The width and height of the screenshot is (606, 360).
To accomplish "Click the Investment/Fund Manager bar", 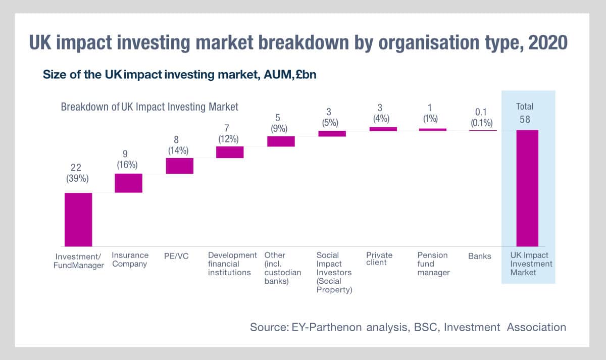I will [x=78, y=219].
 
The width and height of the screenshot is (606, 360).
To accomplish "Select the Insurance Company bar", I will [x=128, y=183].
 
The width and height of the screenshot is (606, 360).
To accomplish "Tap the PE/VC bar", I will [x=180, y=166].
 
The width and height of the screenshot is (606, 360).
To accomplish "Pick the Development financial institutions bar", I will [x=230, y=152].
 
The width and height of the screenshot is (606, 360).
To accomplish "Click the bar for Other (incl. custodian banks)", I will [x=281, y=141].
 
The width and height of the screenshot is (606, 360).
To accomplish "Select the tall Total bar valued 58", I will [x=527, y=188].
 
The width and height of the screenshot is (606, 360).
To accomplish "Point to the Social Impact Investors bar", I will [x=332, y=134].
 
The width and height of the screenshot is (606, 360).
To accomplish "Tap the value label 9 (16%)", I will [x=128, y=159].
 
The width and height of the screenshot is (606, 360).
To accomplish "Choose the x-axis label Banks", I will [x=480, y=256].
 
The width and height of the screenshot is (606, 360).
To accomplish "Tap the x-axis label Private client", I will [x=379, y=259].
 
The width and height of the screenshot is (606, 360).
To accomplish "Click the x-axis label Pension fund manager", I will [x=433, y=264].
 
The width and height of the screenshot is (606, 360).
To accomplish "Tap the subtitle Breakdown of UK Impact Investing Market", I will [x=149, y=107].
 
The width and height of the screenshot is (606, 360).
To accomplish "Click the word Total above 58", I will [x=524, y=107].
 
